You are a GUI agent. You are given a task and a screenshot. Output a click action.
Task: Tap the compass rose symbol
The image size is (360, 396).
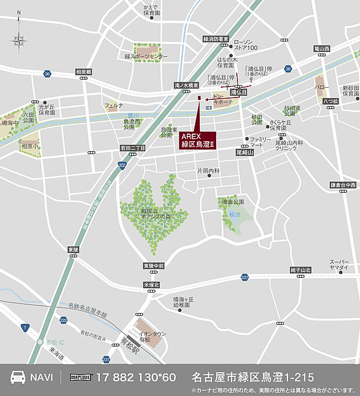click(19, 40)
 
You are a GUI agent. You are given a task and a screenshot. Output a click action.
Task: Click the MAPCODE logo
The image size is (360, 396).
click(82, 377)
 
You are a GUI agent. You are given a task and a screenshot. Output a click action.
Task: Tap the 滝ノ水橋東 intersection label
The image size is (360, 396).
click(187, 85)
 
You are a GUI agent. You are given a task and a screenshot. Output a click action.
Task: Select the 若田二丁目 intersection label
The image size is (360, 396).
click(132, 147)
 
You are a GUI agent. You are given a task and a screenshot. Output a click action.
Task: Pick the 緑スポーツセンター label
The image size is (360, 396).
click(146, 56)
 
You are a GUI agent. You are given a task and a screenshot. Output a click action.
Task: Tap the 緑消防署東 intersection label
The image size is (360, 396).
click(216, 39)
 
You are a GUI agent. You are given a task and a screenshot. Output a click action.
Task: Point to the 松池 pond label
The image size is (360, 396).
click(234, 214)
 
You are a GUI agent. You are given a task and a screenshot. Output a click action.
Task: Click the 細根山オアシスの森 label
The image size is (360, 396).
click(153, 213)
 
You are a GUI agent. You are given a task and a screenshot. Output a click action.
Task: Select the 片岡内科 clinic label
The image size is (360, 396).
click(208, 171)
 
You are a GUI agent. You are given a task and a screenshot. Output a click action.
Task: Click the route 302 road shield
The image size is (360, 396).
click(121, 165)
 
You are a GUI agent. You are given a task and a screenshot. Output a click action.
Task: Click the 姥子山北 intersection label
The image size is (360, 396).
click(300, 270)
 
